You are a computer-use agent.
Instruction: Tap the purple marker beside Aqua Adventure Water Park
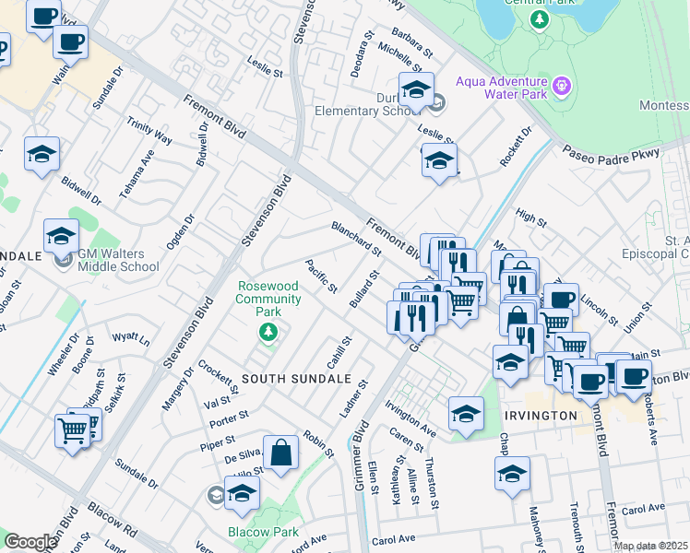point(564,88)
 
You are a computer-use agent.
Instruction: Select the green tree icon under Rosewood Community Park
point(268,331)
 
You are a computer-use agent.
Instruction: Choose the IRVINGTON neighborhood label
point(541,416)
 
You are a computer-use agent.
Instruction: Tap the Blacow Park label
point(262,532)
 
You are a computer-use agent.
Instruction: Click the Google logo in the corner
point(30,541)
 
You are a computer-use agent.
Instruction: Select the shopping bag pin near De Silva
point(281,453)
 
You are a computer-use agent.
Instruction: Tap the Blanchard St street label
point(356,237)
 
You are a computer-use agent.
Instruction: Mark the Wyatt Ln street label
point(131,339)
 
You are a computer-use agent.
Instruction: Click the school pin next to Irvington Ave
point(467,413)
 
